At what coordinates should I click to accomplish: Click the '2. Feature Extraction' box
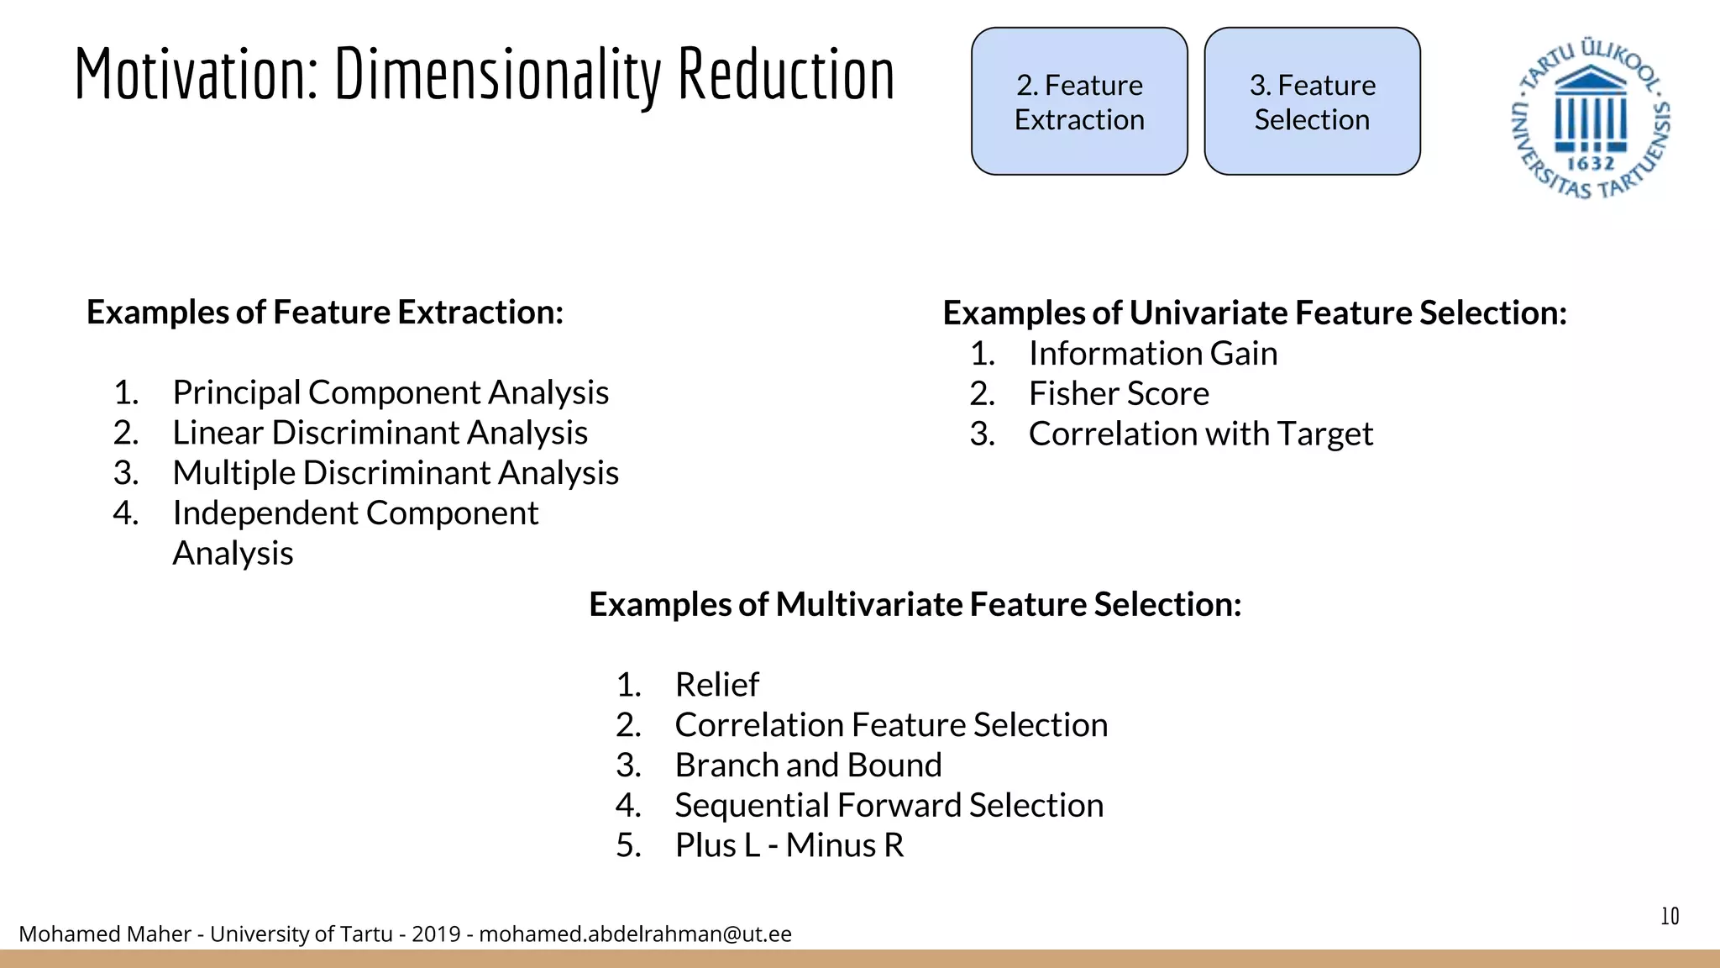coord(1079,102)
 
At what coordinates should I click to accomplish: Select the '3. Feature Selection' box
coord(1312,102)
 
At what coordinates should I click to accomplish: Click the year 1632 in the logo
coord(1591,164)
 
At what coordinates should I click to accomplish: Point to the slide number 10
coord(1670,916)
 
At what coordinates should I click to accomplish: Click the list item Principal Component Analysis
coord(391,392)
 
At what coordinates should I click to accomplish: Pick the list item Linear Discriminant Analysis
coord(380,433)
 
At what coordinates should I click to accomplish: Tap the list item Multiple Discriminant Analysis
coord(396,473)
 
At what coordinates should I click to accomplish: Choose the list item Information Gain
coord(1152,354)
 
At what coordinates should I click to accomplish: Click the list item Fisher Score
coord(1119,394)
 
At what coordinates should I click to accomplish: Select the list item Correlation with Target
coord(1200,434)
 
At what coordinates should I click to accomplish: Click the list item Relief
coord(716,685)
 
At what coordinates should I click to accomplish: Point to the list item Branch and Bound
coord(808,765)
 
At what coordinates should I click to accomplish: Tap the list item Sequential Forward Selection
coord(889,806)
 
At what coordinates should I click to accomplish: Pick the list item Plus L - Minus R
coord(789,845)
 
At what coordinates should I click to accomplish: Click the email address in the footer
coord(635,934)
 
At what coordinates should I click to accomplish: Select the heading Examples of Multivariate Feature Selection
coord(915,605)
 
